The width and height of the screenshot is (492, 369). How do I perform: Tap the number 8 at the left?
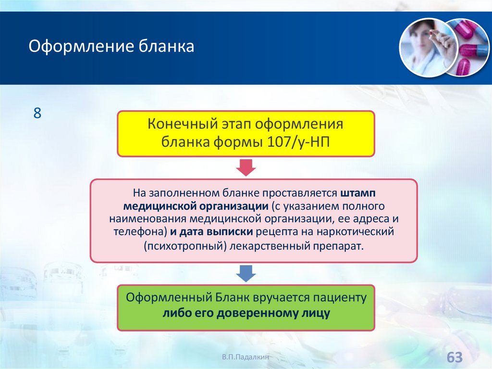coord(37,114)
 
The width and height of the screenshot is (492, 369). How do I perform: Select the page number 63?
coord(454,357)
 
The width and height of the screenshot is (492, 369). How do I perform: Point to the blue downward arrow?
coord(246,274)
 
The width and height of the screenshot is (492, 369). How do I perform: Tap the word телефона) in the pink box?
coord(140,231)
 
